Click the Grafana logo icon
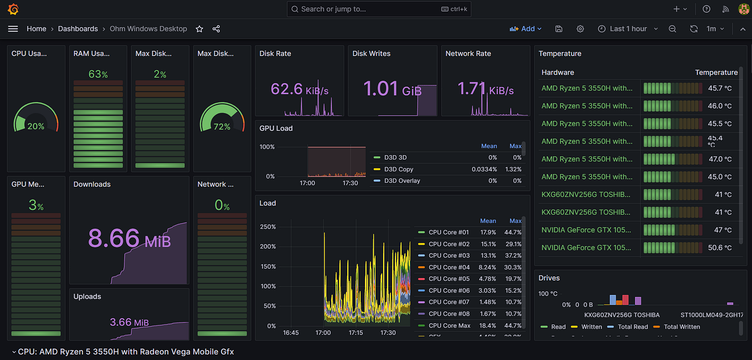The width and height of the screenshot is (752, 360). pos(13,9)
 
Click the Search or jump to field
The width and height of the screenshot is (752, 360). pos(379,9)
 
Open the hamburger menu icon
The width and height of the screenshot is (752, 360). pos(13,29)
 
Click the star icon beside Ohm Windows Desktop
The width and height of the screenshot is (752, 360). pos(199,29)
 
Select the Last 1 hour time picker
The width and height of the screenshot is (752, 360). pos(628,29)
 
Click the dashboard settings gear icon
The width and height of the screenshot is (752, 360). pos(580,29)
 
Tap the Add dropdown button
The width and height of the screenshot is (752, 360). pos(526,29)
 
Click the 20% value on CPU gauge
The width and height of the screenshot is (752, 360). pos(36,126)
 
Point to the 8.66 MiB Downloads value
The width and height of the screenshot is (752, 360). pos(129,239)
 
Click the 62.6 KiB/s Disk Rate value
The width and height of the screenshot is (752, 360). pos(299,89)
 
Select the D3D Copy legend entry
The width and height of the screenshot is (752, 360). pos(399,169)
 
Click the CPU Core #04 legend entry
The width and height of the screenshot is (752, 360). pos(449,267)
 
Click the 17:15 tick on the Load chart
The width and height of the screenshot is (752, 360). pos(356,333)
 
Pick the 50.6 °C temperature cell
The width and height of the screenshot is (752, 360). pos(719,248)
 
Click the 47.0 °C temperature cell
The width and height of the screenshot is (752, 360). pos(719,159)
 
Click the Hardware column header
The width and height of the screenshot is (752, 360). pos(558,73)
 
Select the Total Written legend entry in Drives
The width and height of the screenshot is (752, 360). pos(682,327)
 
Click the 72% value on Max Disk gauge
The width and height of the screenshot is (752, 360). pos(222,127)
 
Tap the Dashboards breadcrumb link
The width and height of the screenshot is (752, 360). pos(78,29)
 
